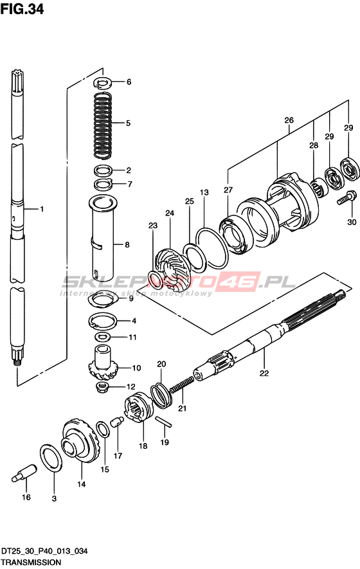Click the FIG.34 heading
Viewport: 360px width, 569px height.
(22, 9)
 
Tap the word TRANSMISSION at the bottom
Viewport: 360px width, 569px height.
(31, 563)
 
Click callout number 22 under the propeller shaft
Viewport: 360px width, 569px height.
(264, 373)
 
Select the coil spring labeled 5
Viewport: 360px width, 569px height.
(103, 125)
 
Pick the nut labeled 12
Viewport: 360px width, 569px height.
(103, 386)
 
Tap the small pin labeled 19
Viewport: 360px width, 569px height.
(164, 422)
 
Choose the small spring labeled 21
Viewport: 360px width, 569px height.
(182, 384)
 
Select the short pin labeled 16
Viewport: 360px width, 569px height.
(24, 473)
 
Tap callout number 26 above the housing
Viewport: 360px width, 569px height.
(289, 120)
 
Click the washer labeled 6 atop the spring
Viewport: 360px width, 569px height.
(103, 83)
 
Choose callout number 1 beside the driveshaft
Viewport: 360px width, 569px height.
(42, 209)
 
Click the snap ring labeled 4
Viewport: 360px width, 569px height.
(103, 320)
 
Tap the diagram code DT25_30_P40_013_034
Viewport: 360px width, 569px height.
(44, 551)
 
